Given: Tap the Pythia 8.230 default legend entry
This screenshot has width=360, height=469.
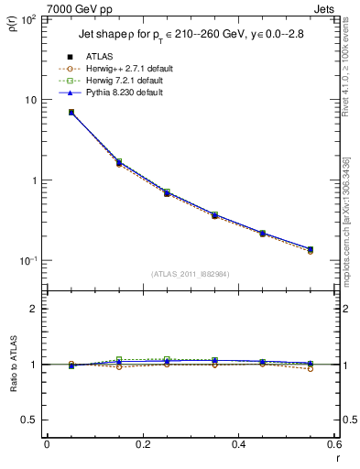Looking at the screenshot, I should [125, 93].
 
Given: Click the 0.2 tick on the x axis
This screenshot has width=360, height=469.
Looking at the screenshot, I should [142, 446].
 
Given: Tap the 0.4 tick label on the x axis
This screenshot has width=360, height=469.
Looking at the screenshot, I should [238, 446].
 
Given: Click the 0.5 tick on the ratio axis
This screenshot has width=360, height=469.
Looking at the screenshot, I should [33, 420].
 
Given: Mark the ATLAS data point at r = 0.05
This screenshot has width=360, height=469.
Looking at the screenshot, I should [71, 112].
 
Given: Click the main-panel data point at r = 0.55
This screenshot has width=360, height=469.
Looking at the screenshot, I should [311, 249].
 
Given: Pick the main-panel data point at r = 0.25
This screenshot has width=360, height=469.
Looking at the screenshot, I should [167, 193].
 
